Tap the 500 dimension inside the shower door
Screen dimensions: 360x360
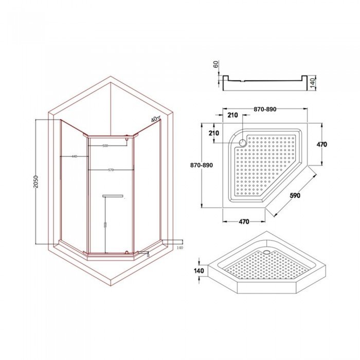click(x=105, y=146)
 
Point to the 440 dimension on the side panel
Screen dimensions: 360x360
click(x=75, y=156)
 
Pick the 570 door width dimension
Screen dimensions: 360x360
click(x=111, y=170)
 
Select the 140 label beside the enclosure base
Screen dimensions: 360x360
click(x=179, y=248)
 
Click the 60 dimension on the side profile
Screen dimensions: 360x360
click(x=215, y=65)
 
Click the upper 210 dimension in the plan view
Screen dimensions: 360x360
click(x=232, y=116)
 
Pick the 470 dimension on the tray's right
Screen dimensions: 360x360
click(x=321, y=145)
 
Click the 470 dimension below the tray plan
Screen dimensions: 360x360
click(x=244, y=222)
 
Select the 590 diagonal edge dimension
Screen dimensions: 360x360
click(x=295, y=195)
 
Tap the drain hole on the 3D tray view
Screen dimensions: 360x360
click(x=266, y=251)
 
